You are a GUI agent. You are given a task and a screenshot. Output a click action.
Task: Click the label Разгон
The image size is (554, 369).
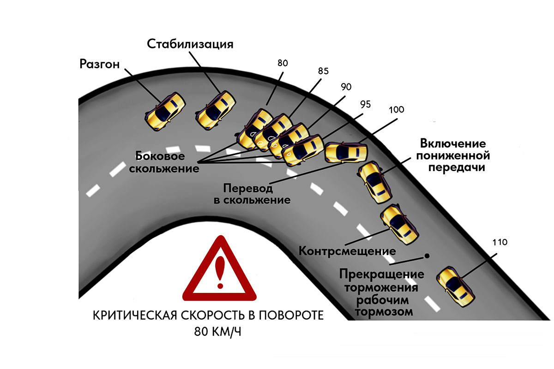[99, 64]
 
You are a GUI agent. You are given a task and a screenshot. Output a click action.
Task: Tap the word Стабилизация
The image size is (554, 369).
[190, 44]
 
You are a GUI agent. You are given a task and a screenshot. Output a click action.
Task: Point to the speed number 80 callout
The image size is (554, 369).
[283, 63]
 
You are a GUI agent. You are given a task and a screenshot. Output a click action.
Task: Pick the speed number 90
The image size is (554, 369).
[346, 87]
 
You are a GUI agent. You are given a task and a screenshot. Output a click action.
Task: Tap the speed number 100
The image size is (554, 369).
[396, 110]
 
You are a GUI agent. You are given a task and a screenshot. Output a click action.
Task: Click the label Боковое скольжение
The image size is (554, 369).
[164, 161]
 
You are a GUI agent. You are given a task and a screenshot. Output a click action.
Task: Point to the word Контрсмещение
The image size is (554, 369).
[347, 252]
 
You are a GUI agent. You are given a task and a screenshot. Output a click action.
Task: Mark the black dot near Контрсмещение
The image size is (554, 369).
[427, 255]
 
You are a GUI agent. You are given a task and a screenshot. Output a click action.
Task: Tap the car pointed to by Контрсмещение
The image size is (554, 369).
[399, 224]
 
